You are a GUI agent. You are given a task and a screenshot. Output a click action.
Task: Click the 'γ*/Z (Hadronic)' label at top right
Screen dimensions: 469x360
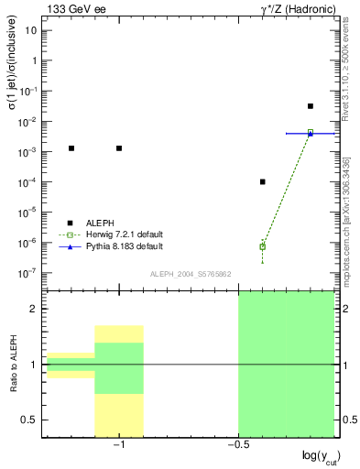pyautogui.click(x=290, y=9)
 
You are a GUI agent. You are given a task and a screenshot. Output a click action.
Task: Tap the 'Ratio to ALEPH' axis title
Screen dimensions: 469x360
pyautogui.click(x=13, y=365)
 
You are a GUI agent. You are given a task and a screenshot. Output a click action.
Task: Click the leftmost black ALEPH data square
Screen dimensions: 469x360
pyautogui.click(x=71, y=148)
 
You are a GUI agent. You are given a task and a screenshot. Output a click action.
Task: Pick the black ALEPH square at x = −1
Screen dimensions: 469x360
pyautogui.click(x=119, y=148)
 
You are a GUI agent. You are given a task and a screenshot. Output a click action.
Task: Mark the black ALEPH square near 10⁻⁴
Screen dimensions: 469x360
pyautogui.click(x=263, y=181)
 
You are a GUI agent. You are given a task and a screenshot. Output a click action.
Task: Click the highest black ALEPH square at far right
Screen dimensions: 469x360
pyautogui.click(x=311, y=106)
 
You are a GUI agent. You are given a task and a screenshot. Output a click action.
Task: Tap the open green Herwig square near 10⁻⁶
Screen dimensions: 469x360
pyautogui.click(x=263, y=246)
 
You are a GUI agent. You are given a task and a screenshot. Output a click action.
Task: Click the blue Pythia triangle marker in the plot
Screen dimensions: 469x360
pyautogui.click(x=311, y=133)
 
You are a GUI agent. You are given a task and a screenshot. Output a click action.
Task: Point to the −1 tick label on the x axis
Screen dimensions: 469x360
pyautogui.click(x=118, y=443)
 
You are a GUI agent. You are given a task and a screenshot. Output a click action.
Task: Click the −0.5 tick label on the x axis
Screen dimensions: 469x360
pyautogui.click(x=236, y=443)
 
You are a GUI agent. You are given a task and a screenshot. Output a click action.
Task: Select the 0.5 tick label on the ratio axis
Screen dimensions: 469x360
pyautogui.click(x=30, y=420)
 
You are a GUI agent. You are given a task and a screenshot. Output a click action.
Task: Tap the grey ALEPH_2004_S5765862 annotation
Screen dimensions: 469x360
pyautogui.click(x=191, y=274)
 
